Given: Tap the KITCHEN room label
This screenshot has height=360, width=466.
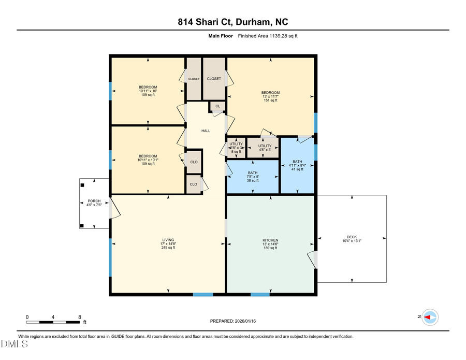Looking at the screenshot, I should [x=270, y=240].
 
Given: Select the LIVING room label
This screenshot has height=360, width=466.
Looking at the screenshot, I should [x=168, y=240].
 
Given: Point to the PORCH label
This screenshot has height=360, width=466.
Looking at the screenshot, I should [x=94, y=201].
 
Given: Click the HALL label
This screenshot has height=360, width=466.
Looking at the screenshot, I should [x=206, y=131].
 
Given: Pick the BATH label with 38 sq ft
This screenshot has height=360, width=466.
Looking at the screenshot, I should [x=253, y=173].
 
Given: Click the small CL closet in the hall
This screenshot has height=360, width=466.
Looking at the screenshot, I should [x=217, y=107].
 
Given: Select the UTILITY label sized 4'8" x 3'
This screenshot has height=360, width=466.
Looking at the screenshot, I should [x=265, y=146].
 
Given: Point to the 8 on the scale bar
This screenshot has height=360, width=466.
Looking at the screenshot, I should [x=79, y=316].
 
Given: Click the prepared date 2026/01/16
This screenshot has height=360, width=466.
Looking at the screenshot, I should [x=232, y=321].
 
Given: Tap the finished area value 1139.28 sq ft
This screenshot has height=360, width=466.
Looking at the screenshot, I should [x=268, y=36].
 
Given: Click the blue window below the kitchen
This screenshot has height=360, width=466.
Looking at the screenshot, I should [x=260, y=295].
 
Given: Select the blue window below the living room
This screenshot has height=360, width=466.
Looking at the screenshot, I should [x=203, y=295].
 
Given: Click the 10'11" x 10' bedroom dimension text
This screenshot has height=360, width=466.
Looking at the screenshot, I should [x=148, y=91].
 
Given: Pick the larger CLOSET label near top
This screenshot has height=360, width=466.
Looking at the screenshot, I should [x=214, y=79].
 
